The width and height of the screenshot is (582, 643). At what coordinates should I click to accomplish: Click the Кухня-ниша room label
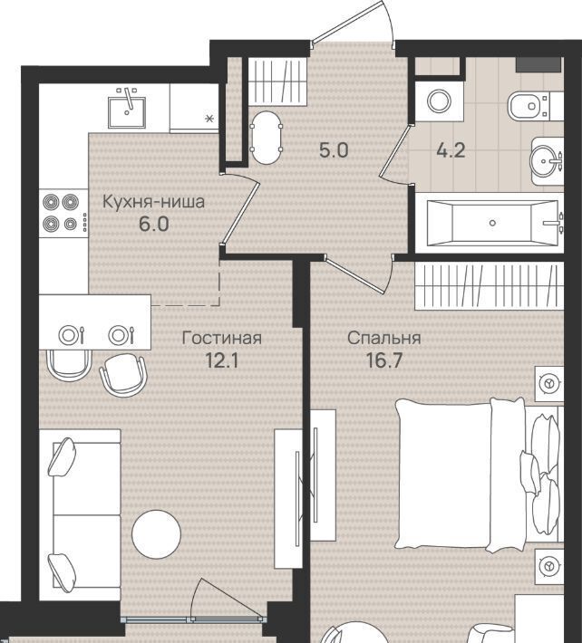tap(153, 202)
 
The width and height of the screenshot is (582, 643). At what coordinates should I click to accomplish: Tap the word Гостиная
tap(221, 339)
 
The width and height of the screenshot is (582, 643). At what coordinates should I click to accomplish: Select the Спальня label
tap(383, 339)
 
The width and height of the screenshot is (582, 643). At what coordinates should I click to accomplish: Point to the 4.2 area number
tap(451, 151)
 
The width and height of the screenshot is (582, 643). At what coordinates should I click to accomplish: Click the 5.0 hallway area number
tap(334, 150)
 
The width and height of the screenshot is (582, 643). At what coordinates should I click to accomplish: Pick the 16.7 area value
tap(383, 360)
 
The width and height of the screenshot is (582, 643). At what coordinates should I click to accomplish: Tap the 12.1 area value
tap(221, 360)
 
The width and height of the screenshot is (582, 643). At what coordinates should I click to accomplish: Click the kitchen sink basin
tap(127, 112)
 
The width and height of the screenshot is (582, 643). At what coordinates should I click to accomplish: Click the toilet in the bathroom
tap(529, 106)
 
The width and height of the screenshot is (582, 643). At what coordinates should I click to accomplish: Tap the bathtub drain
tap(492, 223)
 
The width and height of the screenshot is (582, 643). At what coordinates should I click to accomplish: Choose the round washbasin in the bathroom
tap(543, 161)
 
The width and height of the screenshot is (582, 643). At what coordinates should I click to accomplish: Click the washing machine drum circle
tap(439, 101)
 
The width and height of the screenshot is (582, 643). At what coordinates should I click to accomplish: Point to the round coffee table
tap(156, 533)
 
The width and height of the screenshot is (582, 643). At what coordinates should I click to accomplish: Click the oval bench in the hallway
tap(267, 139)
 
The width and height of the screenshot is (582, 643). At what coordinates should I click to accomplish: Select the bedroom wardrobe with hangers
tap(489, 286)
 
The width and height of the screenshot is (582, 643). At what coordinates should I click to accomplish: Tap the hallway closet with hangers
tap(277, 82)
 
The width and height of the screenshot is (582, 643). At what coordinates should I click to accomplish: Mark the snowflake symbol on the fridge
tap(209, 119)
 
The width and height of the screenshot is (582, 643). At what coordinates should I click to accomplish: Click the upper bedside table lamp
tap(548, 383)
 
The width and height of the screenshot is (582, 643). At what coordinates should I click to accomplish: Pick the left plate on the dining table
tap(69, 335)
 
